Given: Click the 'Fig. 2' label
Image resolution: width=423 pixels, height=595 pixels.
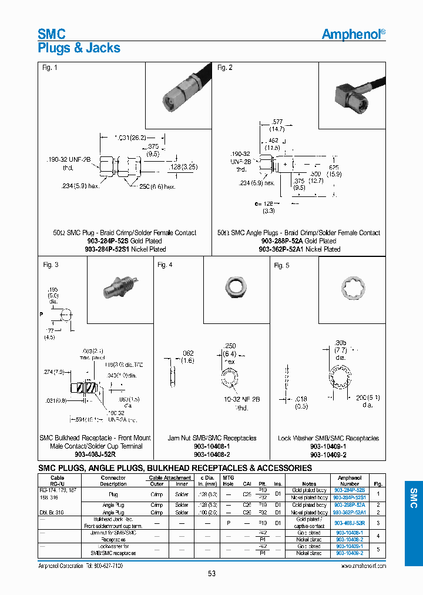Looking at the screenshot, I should tap(225, 68).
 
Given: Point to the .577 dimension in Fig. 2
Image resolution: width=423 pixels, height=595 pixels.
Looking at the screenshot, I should tap(277, 121).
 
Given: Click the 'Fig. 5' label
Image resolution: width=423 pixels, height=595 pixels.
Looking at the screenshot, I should tap(282, 266).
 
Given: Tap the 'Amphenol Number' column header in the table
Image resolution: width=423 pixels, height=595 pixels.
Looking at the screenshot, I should tap(349, 481).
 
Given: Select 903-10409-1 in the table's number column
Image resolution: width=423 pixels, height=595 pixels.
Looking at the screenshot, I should tap(349, 546).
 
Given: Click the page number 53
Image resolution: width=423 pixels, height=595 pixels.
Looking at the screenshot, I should tap(211, 574).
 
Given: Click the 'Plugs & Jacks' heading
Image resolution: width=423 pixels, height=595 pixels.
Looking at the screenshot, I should tap(79, 48).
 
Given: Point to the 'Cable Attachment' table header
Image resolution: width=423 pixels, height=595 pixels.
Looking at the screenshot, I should tap(169, 478).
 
